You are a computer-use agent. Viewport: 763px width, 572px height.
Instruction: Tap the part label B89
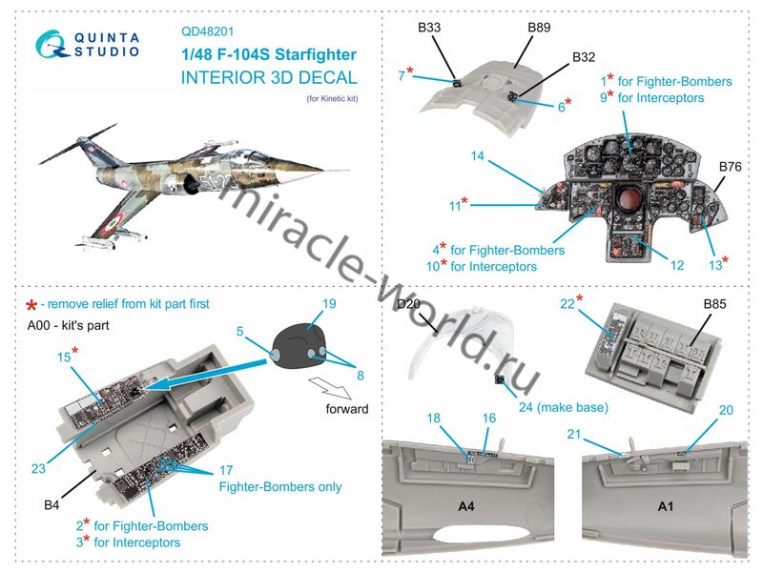click(x=540, y=29)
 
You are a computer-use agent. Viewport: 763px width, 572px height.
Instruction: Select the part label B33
click(x=428, y=29)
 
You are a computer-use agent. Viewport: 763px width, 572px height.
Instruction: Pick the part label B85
click(x=715, y=304)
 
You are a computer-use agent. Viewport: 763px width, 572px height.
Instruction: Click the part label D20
click(x=408, y=304)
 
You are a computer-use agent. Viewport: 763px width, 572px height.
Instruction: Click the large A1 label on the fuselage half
click(x=665, y=507)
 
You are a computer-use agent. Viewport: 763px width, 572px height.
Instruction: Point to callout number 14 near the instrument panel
click(x=478, y=155)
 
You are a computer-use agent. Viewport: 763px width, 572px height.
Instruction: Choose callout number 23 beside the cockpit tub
click(x=38, y=468)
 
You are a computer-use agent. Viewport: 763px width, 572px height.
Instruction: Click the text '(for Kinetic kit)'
click(x=333, y=100)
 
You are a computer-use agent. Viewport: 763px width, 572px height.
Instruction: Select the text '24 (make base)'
click(x=563, y=407)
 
